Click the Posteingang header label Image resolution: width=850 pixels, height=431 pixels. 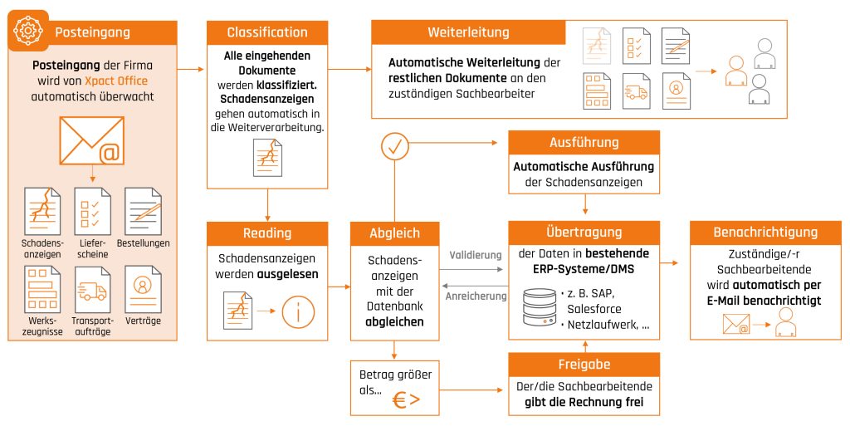tap(92, 32)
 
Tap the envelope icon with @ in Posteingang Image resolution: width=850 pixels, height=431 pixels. tap(91, 141)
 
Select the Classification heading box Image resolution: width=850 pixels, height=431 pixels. tap(267, 33)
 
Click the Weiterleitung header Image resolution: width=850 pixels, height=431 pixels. tap(468, 33)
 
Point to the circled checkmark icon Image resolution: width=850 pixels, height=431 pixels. tap(394, 146)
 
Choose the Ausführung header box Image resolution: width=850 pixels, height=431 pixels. tap(584, 143)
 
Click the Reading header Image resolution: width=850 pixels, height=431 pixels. tap(267, 233)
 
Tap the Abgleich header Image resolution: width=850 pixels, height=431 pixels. tap(394, 233)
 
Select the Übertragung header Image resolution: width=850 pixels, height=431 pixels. tap(584, 233)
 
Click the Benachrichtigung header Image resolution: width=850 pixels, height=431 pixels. tap(765, 233)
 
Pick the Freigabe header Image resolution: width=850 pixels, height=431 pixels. tap(584, 365)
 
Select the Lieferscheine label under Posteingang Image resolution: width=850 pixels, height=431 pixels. tap(92, 248)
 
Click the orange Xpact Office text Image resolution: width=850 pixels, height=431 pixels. tap(115, 81)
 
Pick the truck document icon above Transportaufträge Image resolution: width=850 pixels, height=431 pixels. tap(92, 288)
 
